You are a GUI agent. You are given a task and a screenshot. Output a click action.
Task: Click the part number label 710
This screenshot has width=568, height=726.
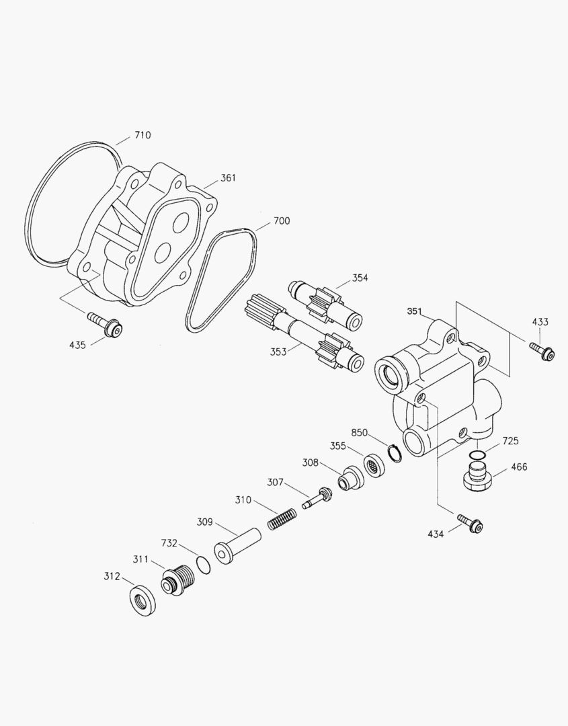click(143, 135)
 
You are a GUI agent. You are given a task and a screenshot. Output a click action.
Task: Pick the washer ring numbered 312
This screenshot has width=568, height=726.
click(143, 600)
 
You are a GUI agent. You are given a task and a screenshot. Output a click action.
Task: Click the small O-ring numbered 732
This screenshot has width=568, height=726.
click(203, 563)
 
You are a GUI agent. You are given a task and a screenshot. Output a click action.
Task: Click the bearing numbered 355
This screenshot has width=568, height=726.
click(374, 465)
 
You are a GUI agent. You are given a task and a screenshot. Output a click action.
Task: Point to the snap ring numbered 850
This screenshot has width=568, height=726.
click(395, 453)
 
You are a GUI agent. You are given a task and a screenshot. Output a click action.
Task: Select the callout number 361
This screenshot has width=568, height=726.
click(229, 178)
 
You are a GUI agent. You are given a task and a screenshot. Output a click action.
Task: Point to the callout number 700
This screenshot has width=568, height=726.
click(282, 221)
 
